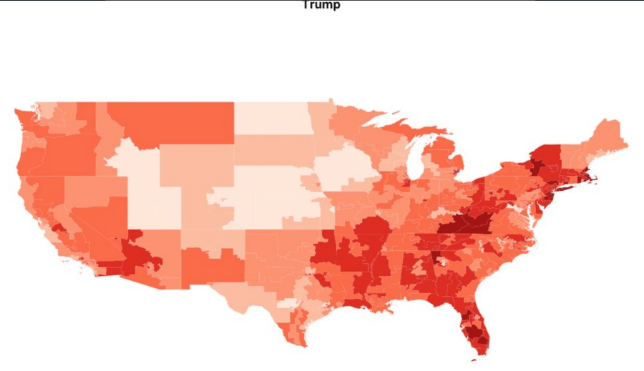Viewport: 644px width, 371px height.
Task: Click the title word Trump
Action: click(x=321, y=5)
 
